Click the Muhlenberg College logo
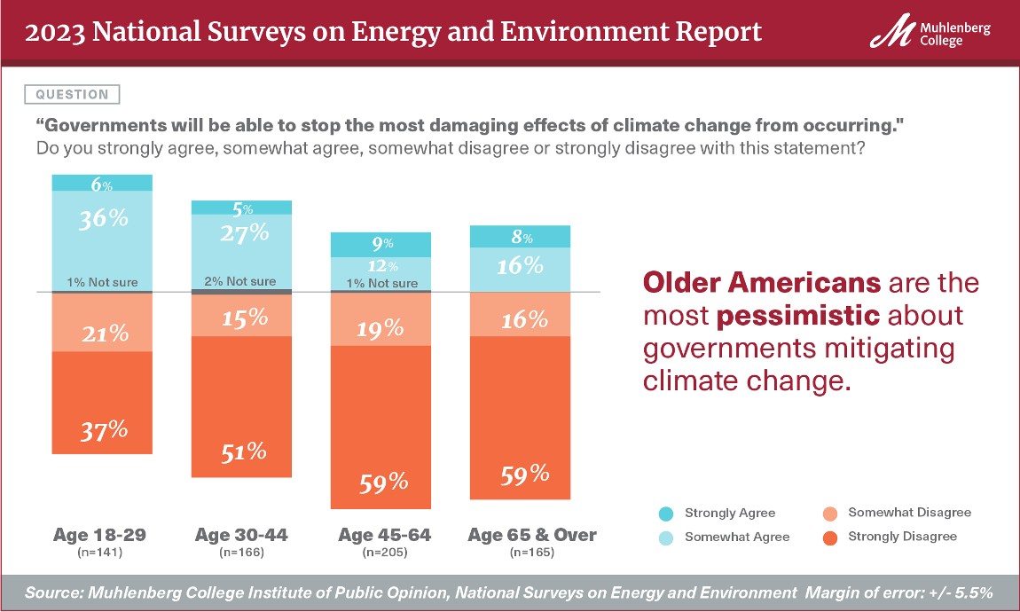pos(930,34)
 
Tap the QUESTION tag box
pos(74,94)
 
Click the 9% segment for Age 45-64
pos(381,244)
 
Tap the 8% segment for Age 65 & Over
pos(520,237)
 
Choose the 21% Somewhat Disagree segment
pos(102,322)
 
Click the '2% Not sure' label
pos(242,282)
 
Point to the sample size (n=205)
pos(381,553)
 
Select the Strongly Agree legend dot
pos(666,514)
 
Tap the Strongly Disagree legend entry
pos(891,536)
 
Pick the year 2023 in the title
pos(54,33)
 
